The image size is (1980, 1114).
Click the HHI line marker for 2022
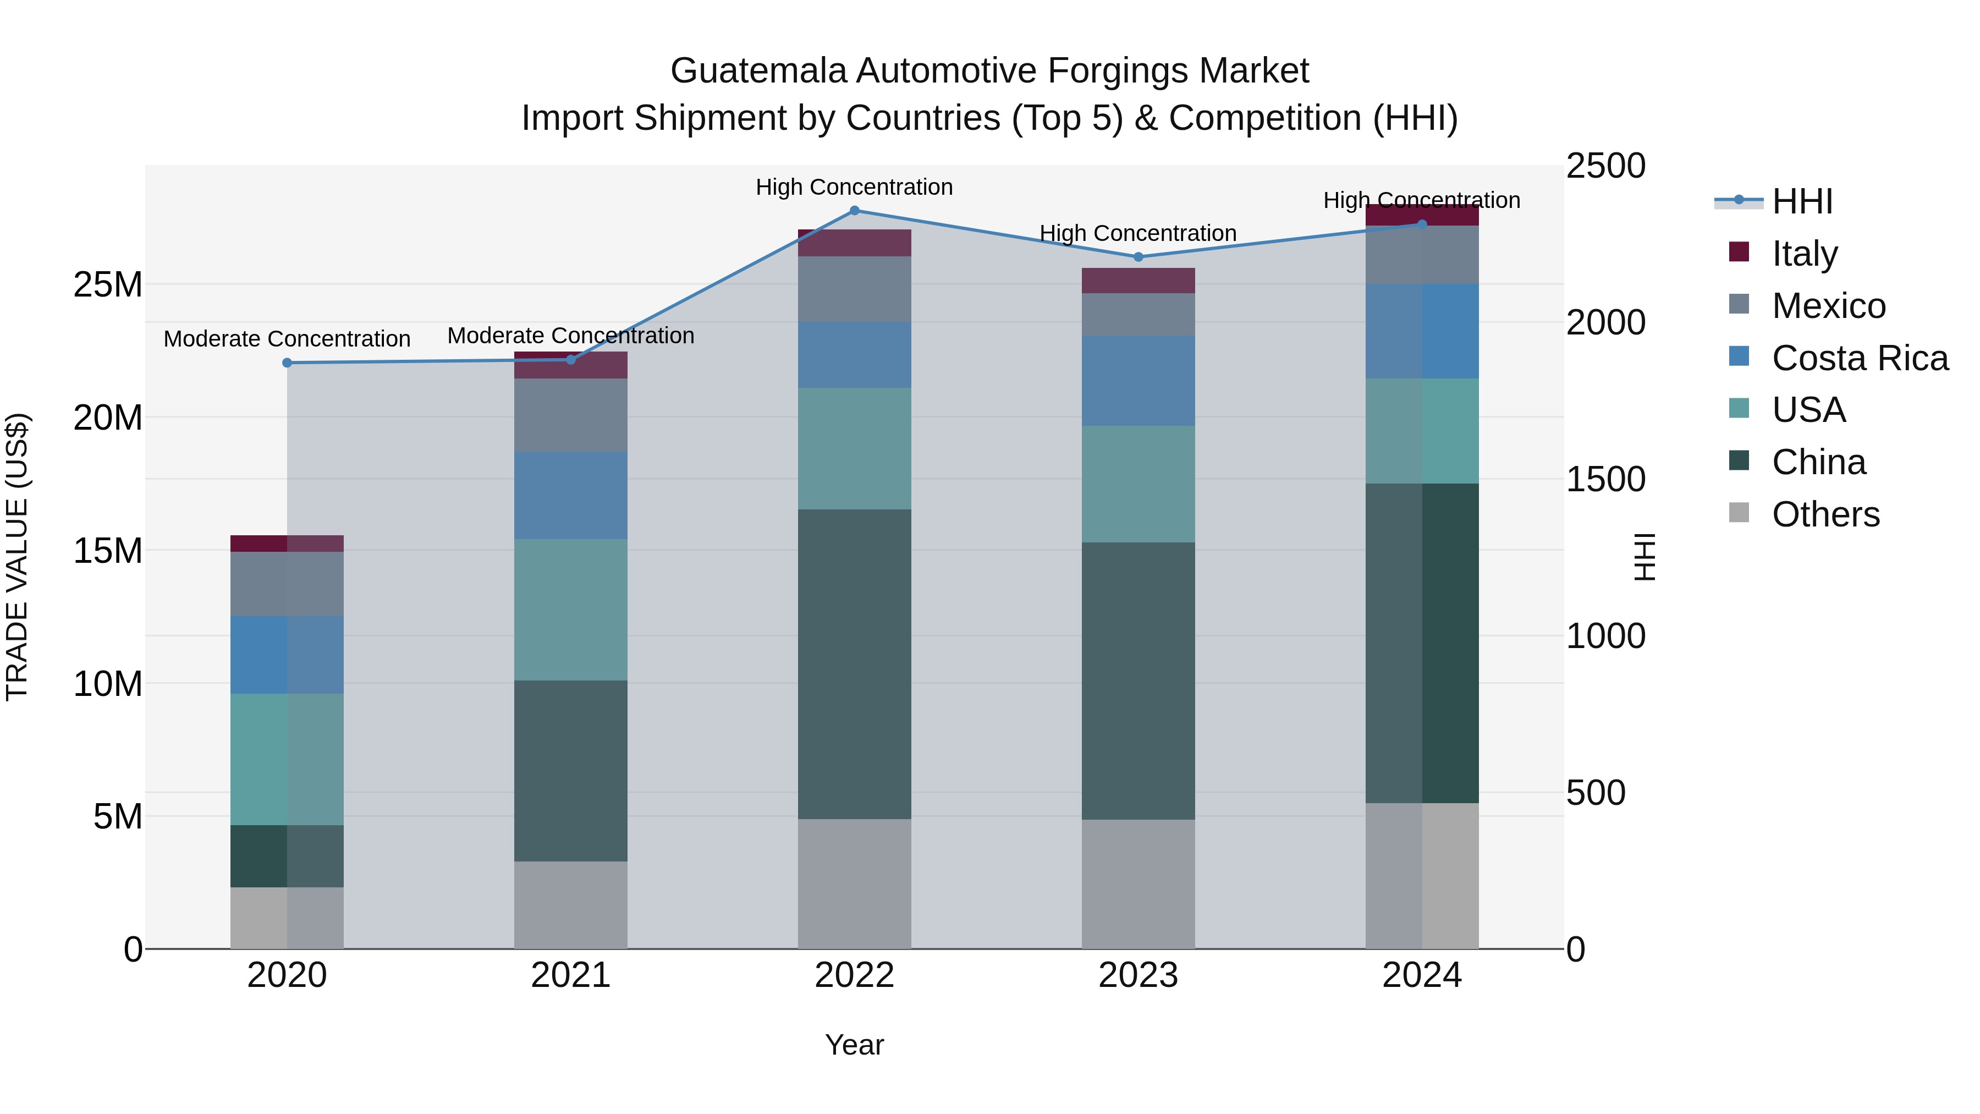pyautogui.click(x=854, y=211)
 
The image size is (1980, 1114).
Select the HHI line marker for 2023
pyautogui.click(x=1138, y=257)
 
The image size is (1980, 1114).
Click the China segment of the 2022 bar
pyautogui.click(x=854, y=663)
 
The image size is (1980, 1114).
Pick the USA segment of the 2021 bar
pyautogui.click(x=570, y=610)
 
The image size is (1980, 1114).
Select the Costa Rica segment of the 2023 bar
pyautogui.click(x=1138, y=381)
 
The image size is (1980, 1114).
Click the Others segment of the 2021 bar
pyautogui.click(x=570, y=905)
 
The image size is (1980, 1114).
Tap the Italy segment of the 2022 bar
pyautogui.click(x=854, y=243)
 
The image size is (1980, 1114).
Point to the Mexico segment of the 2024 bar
pyautogui.click(x=1422, y=255)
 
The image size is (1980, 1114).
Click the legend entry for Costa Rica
pyautogui.click(x=1860, y=358)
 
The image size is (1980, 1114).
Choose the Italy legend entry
pyautogui.click(x=1804, y=254)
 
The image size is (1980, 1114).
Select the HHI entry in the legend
pyautogui.click(x=1802, y=201)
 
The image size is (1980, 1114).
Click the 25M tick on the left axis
pyautogui.click(x=108, y=285)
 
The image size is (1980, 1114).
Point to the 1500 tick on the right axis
pyautogui.click(x=1605, y=480)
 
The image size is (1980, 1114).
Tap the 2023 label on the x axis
pyautogui.click(x=1138, y=975)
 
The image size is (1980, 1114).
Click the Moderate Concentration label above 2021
pyautogui.click(x=570, y=336)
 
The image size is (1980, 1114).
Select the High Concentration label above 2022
pyautogui.click(x=854, y=187)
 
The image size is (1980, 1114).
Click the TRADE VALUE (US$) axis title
pyautogui.click(x=17, y=557)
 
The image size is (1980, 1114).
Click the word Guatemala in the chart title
pyautogui.click(x=758, y=71)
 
